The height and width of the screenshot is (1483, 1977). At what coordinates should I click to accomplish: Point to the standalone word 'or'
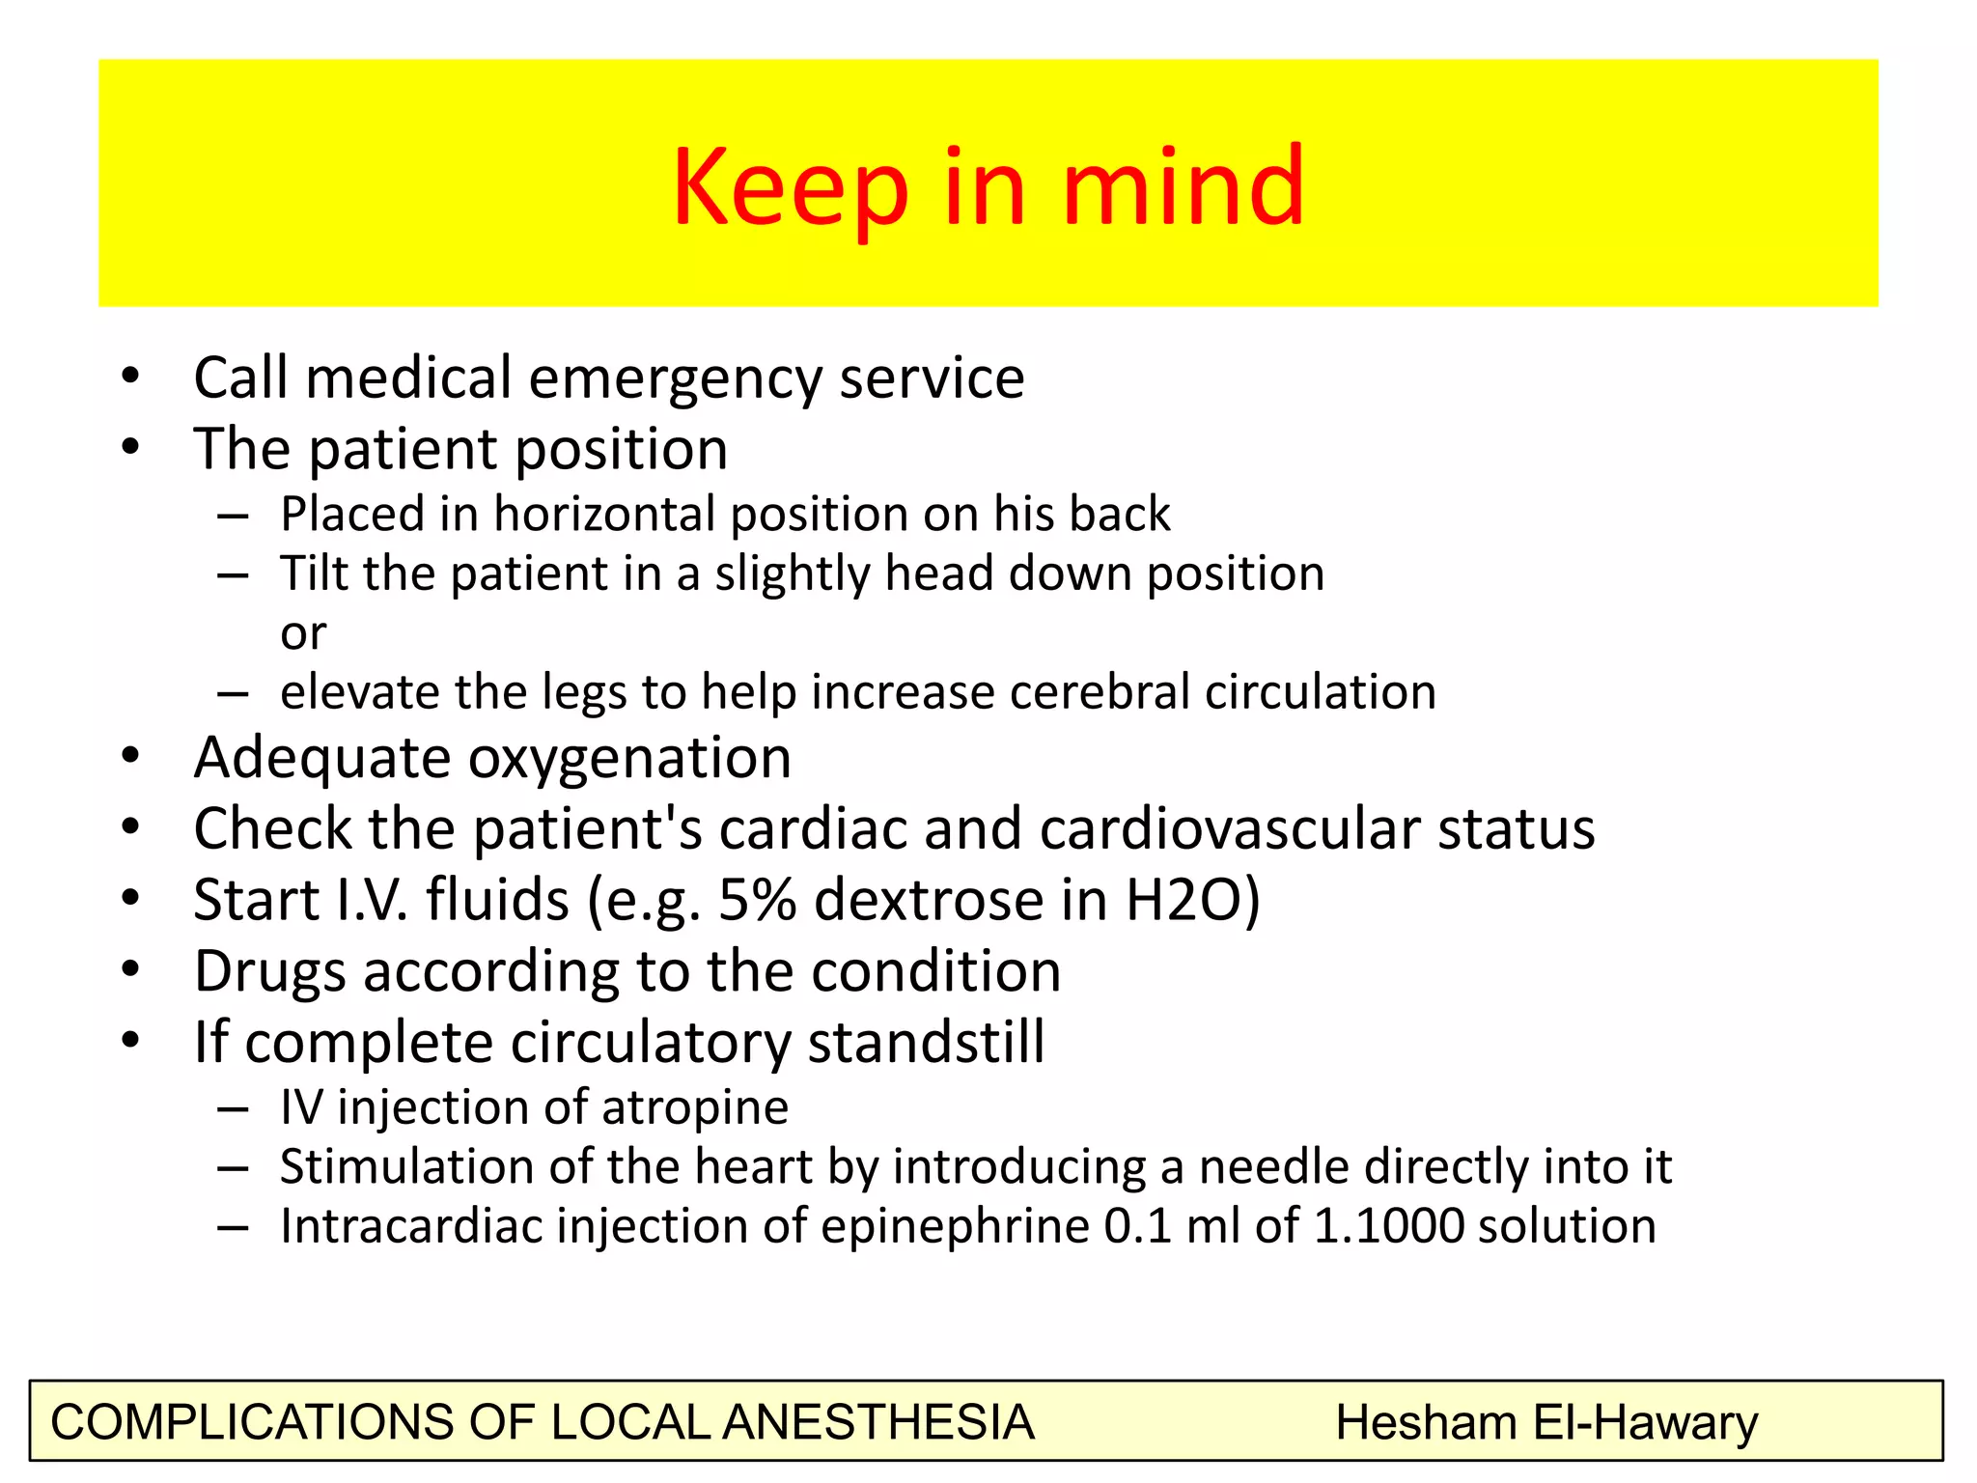click(303, 633)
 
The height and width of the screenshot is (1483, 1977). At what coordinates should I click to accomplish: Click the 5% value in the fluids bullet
click(758, 900)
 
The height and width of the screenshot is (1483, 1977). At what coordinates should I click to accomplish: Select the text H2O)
click(1193, 900)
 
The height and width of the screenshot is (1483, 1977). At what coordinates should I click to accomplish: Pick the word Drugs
click(269, 971)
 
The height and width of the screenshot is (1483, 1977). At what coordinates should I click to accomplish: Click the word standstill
click(926, 1043)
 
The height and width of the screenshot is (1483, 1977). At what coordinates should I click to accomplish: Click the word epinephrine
click(956, 1227)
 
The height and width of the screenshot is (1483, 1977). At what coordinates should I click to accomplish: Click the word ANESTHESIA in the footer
click(878, 1423)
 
